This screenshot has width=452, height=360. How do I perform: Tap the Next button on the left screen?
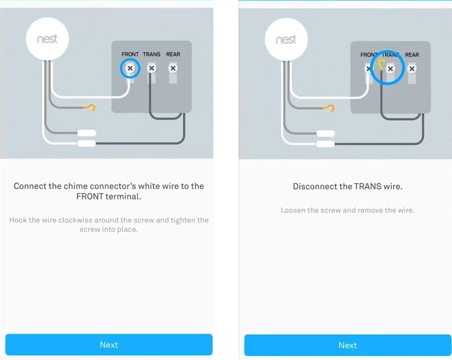(x=109, y=344)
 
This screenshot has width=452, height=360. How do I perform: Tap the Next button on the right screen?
(x=348, y=345)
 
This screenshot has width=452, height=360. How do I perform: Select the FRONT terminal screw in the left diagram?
(x=130, y=69)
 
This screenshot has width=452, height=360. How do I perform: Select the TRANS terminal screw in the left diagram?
(x=151, y=69)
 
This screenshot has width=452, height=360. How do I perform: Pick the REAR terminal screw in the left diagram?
(x=173, y=69)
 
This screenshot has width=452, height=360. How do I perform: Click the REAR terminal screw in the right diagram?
(x=412, y=69)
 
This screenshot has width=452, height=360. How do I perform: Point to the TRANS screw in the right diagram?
(x=391, y=69)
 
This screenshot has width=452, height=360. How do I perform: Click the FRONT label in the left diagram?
(x=130, y=54)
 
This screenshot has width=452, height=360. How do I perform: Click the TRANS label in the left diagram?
(x=152, y=54)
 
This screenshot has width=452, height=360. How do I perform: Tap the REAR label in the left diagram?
(x=173, y=54)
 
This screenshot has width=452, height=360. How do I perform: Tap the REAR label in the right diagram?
(x=412, y=55)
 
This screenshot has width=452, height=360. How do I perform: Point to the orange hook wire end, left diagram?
(x=92, y=109)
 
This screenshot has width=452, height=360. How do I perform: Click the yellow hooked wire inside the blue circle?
(x=381, y=66)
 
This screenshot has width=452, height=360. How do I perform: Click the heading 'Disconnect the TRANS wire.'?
(x=348, y=186)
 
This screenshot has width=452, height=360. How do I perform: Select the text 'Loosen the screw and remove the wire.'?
(x=348, y=210)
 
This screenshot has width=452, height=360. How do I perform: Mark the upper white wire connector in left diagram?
(x=87, y=133)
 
